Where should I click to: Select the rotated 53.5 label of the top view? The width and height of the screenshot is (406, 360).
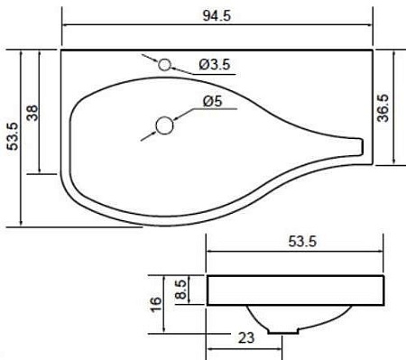pyautogui.click(x=11, y=137)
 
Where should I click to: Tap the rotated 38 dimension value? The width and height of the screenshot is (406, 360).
pyautogui.click(x=32, y=113)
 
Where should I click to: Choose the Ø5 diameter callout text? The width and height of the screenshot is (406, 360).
pyautogui.click(x=213, y=101)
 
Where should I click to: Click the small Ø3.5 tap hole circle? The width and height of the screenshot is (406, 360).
pyautogui.click(x=165, y=65)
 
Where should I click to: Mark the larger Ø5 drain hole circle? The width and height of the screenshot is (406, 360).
pyautogui.click(x=164, y=125)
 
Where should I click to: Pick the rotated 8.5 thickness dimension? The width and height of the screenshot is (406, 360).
pyautogui.click(x=180, y=291)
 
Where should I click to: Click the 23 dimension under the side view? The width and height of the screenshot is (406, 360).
pyautogui.click(x=245, y=338)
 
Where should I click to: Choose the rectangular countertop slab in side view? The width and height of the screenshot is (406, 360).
pyautogui.click(x=297, y=291)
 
